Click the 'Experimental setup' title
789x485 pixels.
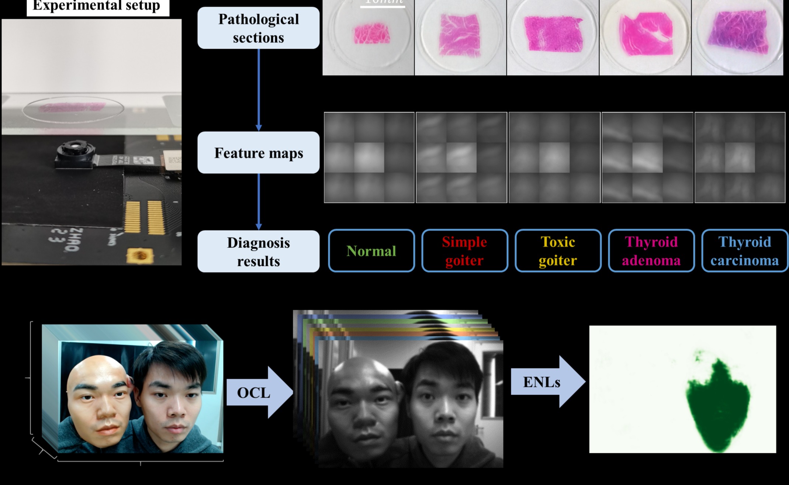pyautogui.click(x=97, y=6)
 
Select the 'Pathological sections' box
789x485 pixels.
pyautogui.click(x=258, y=28)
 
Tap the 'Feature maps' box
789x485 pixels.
pyautogui.click(x=258, y=153)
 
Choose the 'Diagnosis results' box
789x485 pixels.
pyautogui.click(x=258, y=252)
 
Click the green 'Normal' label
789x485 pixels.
pyautogui.click(x=371, y=251)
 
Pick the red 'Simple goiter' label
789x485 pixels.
pyautogui.click(x=464, y=251)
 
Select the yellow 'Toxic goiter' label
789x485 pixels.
pyautogui.click(x=558, y=251)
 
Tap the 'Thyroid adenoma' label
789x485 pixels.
pyautogui.click(x=651, y=251)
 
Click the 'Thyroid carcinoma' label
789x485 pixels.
pyautogui.click(x=744, y=251)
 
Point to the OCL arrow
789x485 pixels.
pyautogui.click(x=258, y=392)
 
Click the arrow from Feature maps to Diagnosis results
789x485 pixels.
pyautogui.click(x=259, y=201)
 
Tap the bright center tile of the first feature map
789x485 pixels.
pyautogui.click(x=369, y=157)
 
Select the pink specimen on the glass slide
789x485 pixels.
pyautogui.click(x=72, y=107)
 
